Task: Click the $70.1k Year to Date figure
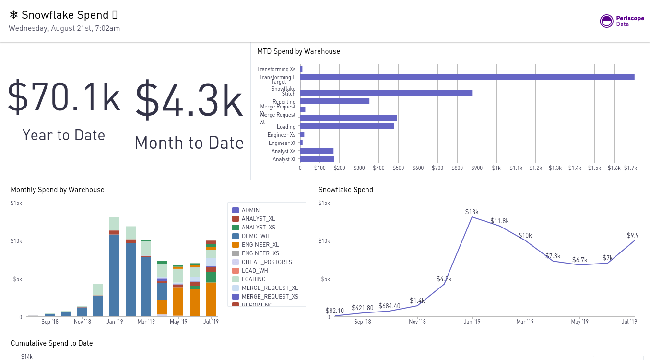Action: point(64,98)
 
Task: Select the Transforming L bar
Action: point(467,77)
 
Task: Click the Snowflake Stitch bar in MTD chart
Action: point(386,93)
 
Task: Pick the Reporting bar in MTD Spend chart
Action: point(334,101)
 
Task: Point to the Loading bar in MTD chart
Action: point(346,126)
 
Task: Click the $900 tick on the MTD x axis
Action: point(476,168)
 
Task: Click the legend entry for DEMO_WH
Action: point(255,236)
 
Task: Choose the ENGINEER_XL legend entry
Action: point(260,245)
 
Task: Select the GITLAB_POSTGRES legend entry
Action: point(266,262)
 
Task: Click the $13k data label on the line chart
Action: point(472,212)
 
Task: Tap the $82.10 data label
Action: point(335,311)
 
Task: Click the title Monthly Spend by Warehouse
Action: point(57,190)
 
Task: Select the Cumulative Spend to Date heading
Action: point(51,343)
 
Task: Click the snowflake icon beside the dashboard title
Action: point(13,15)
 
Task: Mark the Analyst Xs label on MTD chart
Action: point(283,151)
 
